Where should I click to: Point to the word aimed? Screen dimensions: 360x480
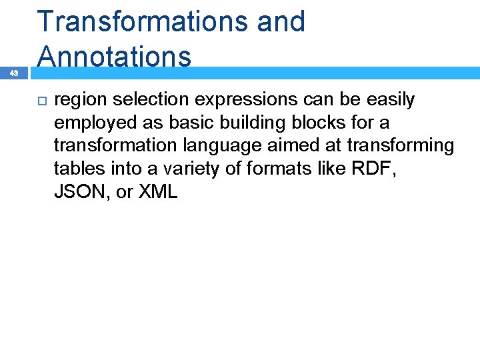[x=299, y=147]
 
